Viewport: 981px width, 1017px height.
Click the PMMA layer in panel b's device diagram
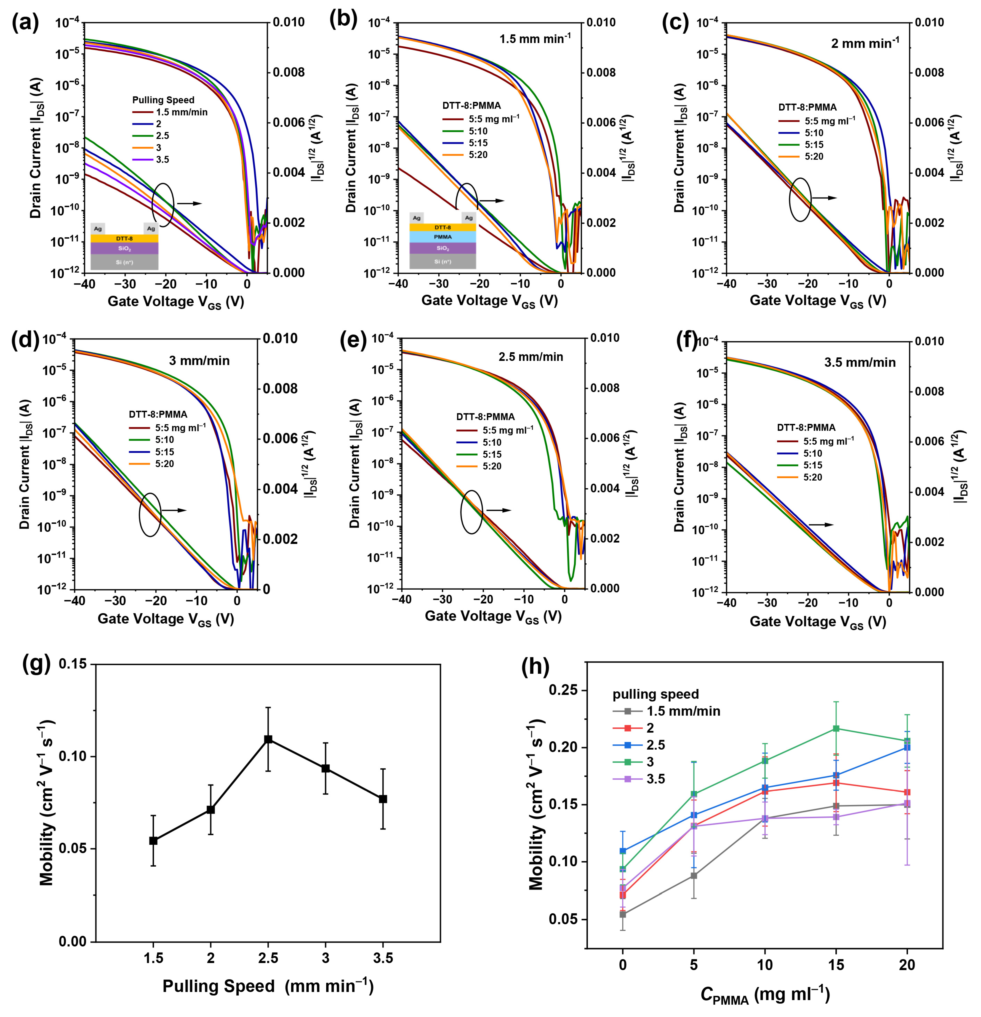[443, 237]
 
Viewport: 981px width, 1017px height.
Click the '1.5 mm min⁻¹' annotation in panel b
[535, 39]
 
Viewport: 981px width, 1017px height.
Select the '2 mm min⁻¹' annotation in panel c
[865, 43]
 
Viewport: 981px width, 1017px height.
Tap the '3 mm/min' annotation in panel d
[199, 361]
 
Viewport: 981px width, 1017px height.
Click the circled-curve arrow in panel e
[498, 510]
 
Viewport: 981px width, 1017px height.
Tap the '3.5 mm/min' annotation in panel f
[860, 362]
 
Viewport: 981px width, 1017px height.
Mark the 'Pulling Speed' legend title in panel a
[163, 100]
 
